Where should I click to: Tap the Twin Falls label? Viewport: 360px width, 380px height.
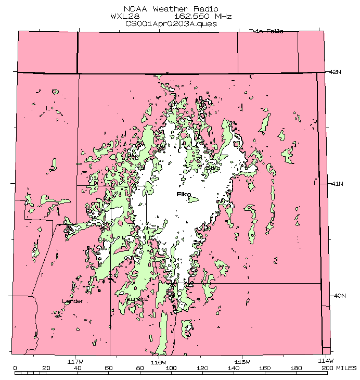(266, 31)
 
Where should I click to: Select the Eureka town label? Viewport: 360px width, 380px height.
(137, 299)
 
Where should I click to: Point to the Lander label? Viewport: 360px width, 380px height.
(72, 301)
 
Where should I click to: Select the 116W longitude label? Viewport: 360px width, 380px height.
(158, 361)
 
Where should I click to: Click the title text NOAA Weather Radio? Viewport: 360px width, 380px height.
(171, 9)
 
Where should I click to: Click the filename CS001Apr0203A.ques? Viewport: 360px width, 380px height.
(171, 23)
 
